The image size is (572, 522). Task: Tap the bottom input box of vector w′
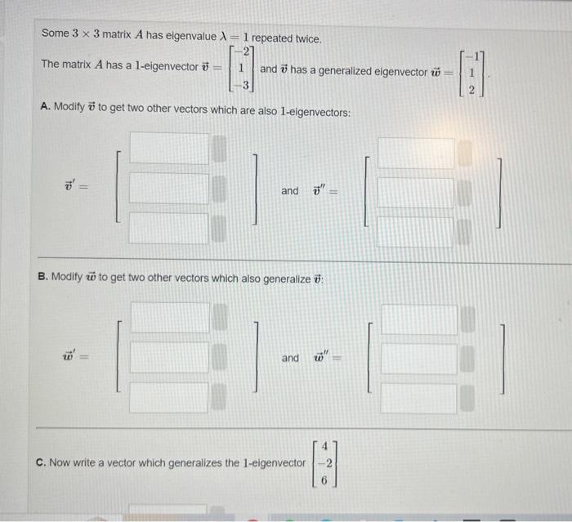pyautogui.click(x=169, y=396)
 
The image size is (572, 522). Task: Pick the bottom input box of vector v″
pyautogui.click(x=414, y=232)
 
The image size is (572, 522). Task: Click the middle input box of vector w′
pyautogui.click(x=169, y=358)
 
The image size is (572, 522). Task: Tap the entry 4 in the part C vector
pyautogui.click(x=324, y=447)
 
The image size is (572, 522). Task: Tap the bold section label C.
pyautogui.click(x=41, y=462)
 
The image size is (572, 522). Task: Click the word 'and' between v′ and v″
pyautogui.click(x=290, y=190)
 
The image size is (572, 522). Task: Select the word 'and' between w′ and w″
pyautogui.click(x=290, y=358)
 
